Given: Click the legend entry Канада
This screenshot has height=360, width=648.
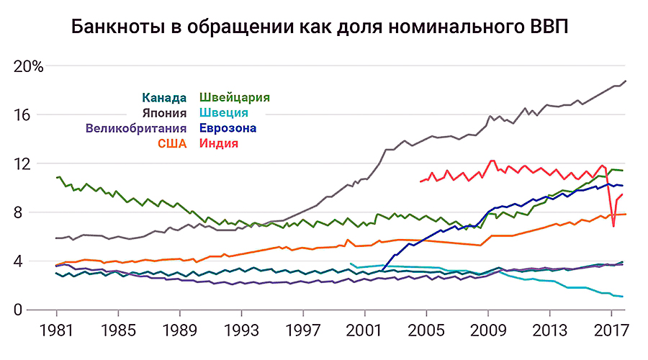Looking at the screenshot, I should (x=165, y=98).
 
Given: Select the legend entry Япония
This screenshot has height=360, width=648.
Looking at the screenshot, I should (x=165, y=113).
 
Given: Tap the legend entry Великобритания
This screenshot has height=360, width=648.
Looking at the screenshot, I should (x=136, y=129).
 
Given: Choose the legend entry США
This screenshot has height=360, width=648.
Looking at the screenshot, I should (x=172, y=144).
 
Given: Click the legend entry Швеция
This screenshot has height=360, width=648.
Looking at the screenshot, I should (x=224, y=113).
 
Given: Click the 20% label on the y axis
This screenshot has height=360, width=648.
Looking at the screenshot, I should (x=29, y=66).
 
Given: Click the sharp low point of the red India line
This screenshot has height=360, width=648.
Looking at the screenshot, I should (x=613, y=226).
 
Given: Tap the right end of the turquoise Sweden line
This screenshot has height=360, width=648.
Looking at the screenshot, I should (x=622, y=297).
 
